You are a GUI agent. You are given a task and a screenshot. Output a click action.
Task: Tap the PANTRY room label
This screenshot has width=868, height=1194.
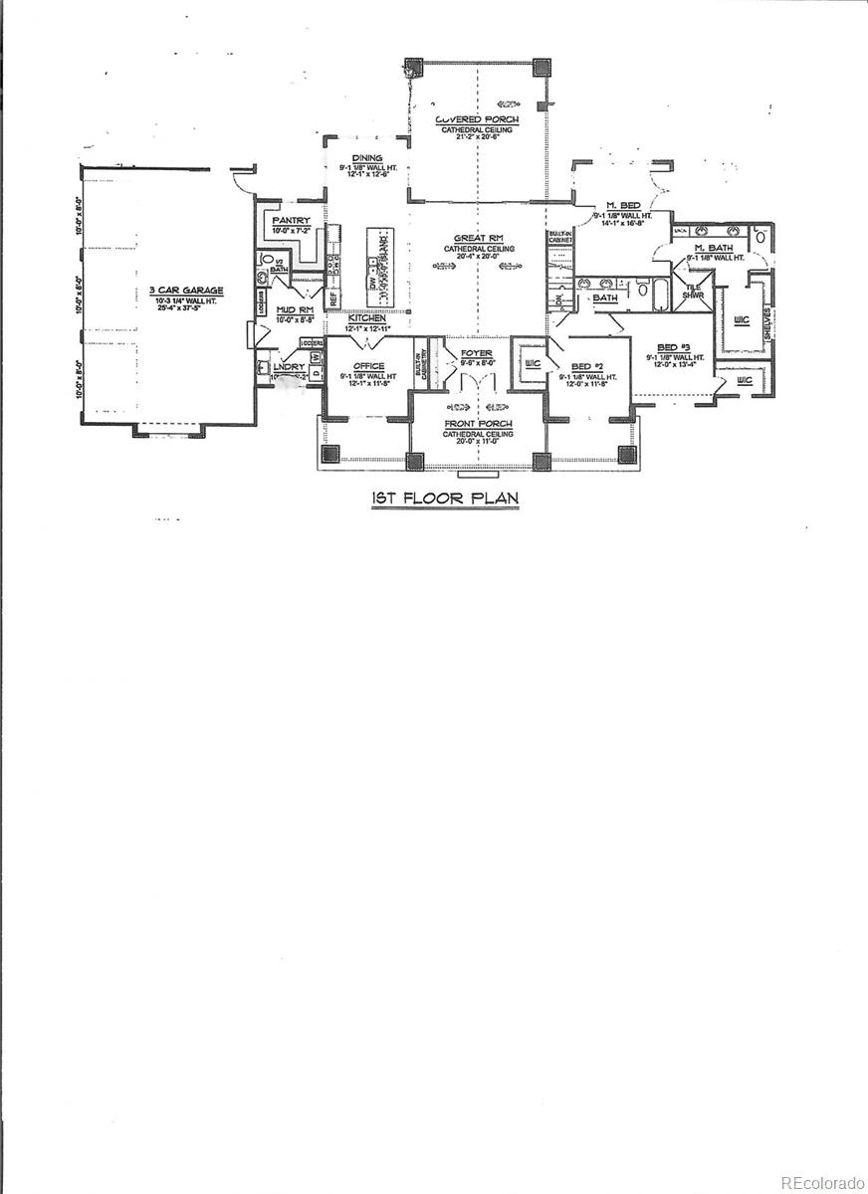(290, 221)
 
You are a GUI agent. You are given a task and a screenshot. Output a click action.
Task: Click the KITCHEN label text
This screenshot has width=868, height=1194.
(366, 318)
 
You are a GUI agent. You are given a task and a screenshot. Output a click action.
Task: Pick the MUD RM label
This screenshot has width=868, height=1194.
(294, 310)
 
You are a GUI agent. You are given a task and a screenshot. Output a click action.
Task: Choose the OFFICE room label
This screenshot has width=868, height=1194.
(367, 366)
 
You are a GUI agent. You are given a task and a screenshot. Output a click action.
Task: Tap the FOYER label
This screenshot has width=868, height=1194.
(476, 353)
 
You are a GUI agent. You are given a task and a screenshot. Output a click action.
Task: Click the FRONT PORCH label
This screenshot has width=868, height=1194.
(478, 424)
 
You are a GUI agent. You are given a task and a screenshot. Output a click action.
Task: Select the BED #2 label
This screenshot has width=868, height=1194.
(587, 366)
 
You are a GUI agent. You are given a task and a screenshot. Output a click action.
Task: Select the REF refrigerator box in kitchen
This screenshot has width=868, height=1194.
(333, 297)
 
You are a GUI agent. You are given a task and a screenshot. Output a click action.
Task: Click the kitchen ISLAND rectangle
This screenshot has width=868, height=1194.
(378, 266)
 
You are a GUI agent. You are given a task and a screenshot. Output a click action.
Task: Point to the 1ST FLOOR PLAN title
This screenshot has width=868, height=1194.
(444, 497)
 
